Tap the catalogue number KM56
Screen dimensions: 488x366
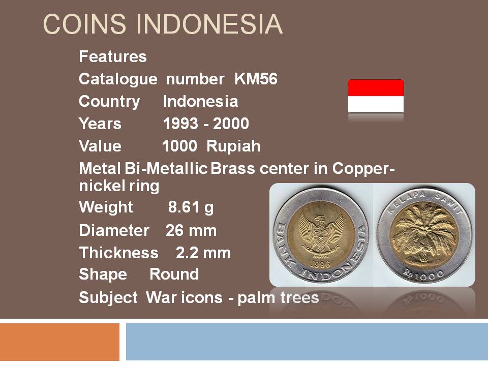pyautogui.click(x=256, y=79)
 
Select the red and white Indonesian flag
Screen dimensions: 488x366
pyautogui.click(x=376, y=96)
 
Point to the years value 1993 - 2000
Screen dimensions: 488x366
pyautogui.click(x=206, y=124)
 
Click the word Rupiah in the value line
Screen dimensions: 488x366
pyautogui.click(x=233, y=146)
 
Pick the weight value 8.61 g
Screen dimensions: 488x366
pyautogui.click(x=191, y=207)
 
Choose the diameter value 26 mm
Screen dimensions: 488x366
pyautogui.click(x=191, y=231)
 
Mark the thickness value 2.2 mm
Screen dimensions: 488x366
pyautogui.click(x=203, y=253)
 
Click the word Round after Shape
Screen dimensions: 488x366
pyautogui.click(x=174, y=274)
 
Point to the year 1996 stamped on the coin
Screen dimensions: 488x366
pyautogui.click(x=320, y=264)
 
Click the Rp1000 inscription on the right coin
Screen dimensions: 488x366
pyautogui.click(x=424, y=274)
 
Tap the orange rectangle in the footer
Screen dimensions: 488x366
pyautogui.click(x=59, y=342)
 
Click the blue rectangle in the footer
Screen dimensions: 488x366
pyautogui.click(x=307, y=342)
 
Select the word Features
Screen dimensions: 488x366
pyautogui.click(x=113, y=56)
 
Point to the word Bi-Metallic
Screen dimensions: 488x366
pyautogui.click(x=166, y=168)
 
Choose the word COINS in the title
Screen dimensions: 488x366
pyautogui.click(x=84, y=24)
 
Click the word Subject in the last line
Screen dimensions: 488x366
pyautogui.click(x=108, y=297)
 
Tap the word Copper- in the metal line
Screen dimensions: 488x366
pyautogui.click(x=363, y=169)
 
